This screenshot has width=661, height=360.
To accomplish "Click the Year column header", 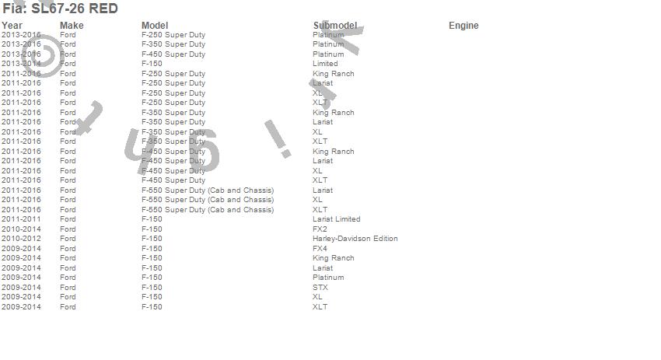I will [x=12, y=26].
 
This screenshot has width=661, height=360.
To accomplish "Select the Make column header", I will [x=72, y=26].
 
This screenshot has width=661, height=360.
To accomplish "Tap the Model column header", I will [x=155, y=26].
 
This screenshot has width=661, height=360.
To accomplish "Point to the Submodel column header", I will [x=334, y=26].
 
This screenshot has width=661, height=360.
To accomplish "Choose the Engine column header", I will [x=463, y=26].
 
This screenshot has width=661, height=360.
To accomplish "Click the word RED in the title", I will [x=103, y=9].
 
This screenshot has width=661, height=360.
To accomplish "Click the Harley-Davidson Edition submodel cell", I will [x=355, y=239].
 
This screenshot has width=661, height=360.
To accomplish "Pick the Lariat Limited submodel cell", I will [x=336, y=219].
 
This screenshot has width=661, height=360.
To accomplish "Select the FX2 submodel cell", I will [x=320, y=229].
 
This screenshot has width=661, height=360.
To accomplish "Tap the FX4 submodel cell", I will [x=320, y=249].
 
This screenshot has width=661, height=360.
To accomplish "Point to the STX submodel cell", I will [x=320, y=288].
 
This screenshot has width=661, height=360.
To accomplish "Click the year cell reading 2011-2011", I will [x=21, y=219].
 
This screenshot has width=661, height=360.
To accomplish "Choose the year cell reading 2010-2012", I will [x=21, y=239].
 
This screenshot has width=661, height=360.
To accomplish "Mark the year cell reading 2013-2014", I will [x=21, y=64].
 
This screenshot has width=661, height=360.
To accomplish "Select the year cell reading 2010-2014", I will [x=21, y=229].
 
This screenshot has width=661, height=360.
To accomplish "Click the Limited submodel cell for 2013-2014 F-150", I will [x=325, y=64].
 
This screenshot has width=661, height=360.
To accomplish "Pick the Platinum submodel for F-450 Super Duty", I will [x=328, y=54].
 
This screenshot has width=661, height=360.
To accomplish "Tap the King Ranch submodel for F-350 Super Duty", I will [x=333, y=113].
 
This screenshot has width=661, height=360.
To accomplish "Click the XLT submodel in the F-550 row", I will [x=320, y=210].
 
